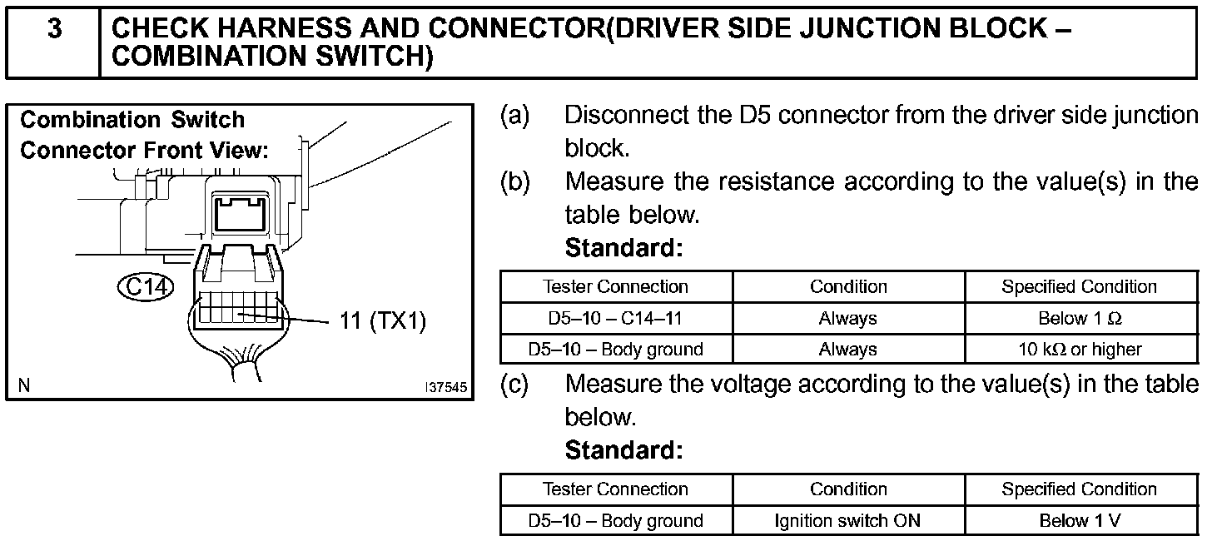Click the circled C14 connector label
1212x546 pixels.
(x=146, y=287)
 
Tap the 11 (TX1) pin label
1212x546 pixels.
(x=383, y=321)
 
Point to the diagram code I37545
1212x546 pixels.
(x=445, y=388)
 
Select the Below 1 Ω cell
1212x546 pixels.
(x=1079, y=318)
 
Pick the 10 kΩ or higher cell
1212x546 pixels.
(x=1079, y=350)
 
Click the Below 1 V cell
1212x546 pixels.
(x=1079, y=521)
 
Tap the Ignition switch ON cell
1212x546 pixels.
(x=848, y=521)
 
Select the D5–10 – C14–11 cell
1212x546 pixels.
(x=615, y=318)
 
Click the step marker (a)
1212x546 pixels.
(x=514, y=114)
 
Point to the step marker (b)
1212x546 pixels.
(x=514, y=181)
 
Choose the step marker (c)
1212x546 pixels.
(x=514, y=384)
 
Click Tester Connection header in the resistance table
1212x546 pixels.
(x=615, y=286)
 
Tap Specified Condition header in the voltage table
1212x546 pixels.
(x=1079, y=489)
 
